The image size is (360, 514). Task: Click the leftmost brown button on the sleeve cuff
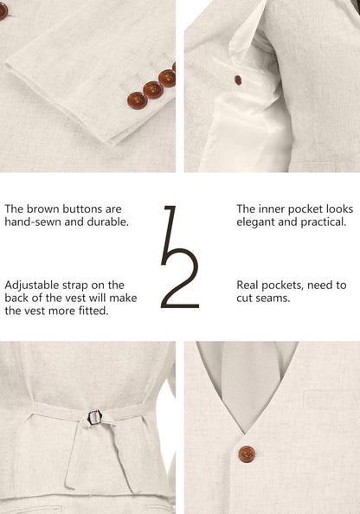pyautogui.click(x=135, y=96)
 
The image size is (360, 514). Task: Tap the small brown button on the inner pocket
pyautogui.click(x=238, y=80)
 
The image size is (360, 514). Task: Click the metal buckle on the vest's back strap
pyautogui.click(x=94, y=417)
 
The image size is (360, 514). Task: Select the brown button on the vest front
pyautogui.click(x=247, y=453)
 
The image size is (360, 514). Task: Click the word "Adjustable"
pyautogui.click(x=34, y=285)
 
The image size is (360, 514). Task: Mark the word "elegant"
pyautogui.click(x=258, y=222)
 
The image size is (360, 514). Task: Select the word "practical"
pyautogui.click(x=321, y=222)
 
